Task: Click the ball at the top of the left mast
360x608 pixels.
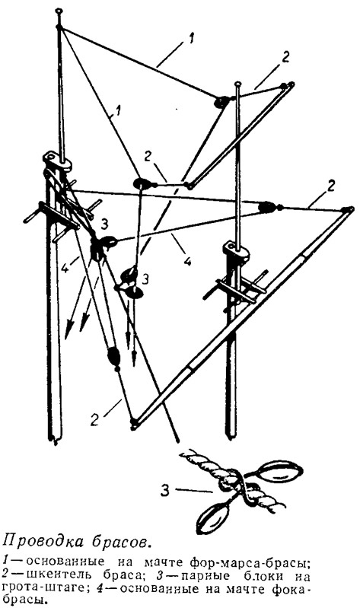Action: (58, 11)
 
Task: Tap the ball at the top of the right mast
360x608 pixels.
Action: (237, 84)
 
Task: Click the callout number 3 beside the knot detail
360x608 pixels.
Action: (165, 491)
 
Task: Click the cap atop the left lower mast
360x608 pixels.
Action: (56, 160)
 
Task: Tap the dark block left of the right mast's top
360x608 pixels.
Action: (221, 102)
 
